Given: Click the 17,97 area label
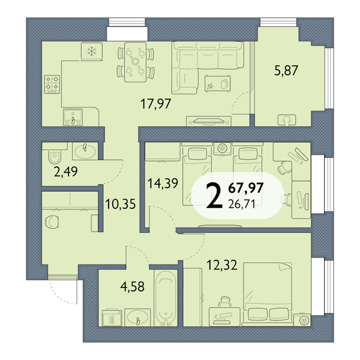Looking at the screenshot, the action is coord(155,104).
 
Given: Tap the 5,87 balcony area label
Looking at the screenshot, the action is coord(286,70).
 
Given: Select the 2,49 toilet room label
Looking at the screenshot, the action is coord(65,172).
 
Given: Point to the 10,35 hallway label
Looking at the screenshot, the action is coord(121,204).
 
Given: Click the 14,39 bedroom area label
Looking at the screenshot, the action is coord(163,183).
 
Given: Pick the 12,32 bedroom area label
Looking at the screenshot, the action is coord(222,265).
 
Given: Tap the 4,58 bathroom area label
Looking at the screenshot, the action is coord(133,286).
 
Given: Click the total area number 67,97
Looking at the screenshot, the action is coord(245,188).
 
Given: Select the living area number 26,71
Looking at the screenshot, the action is coord(242,203).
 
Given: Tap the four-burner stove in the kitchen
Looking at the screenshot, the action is coord(52,84).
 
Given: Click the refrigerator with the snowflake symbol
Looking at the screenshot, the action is coord(92,52).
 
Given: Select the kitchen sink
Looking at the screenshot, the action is coord(73,118).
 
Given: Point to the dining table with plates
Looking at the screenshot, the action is coord(135,62).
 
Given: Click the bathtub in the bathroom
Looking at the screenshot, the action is coord(166,298).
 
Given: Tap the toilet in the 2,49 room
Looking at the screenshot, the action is coord(55,157).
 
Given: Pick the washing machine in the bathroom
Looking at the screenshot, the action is coord(112,317).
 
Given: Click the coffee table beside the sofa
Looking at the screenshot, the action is coord(217,83).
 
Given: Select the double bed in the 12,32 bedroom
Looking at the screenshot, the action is coord(268,294).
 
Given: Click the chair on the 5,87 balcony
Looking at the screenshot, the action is coord(287,120).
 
